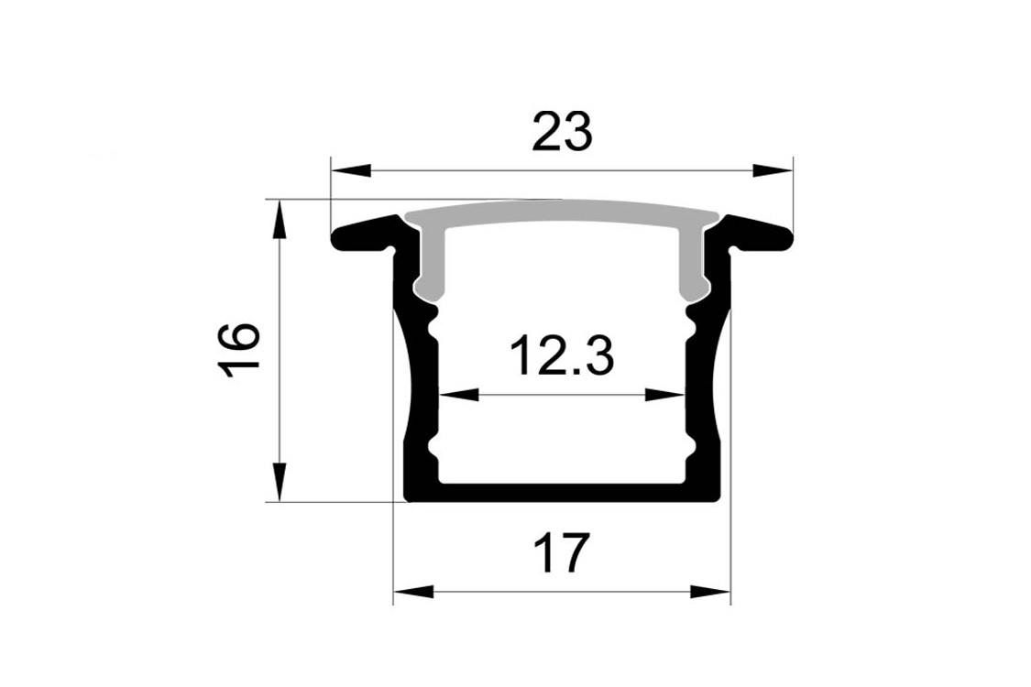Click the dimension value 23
pyautogui.click(x=562, y=132)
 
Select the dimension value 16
pyautogui.click(x=238, y=351)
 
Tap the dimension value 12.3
pyautogui.click(x=563, y=355)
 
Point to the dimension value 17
pyautogui.click(x=560, y=553)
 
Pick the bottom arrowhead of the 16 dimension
pyautogui.click(x=280, y=482)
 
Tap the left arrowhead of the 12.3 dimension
pyautogui.click(x=458, y=395)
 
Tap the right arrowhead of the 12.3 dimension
pyautogui.click(x=665, y=395)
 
